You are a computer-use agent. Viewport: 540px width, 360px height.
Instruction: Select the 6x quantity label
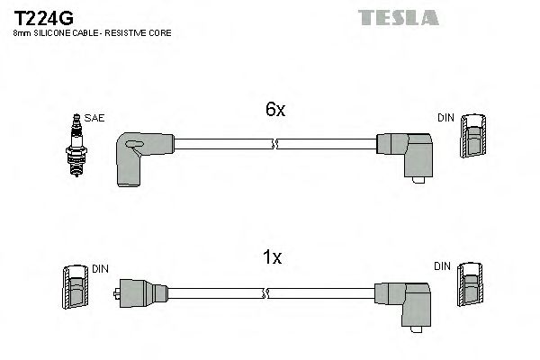(274, 110)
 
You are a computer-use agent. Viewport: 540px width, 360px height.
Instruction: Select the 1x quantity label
(273, 258)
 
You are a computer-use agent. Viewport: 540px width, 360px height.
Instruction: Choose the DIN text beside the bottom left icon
(100, 267)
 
